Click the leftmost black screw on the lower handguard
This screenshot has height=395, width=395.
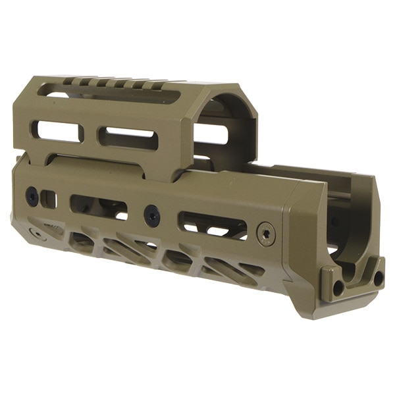click(x=31, y=194)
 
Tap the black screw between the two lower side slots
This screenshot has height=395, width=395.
click(x=151, y=214)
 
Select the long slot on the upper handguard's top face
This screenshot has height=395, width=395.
click(x=112, y=94)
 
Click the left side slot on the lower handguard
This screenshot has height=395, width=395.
click(x=99, y=205)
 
